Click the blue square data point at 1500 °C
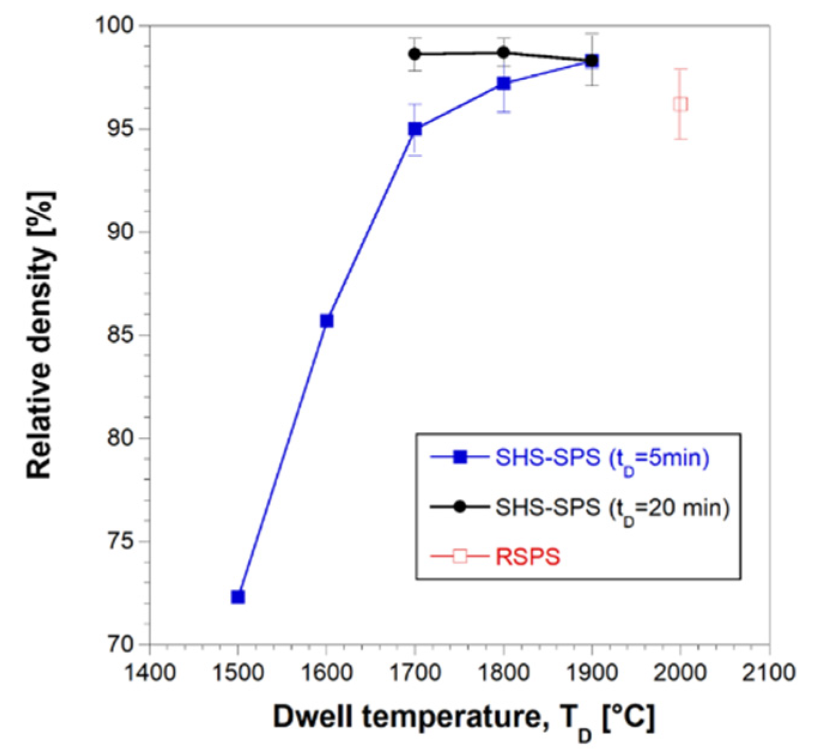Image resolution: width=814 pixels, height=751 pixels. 238,597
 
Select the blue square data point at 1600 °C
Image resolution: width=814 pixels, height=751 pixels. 326,321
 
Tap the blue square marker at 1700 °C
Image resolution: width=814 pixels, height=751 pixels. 415,129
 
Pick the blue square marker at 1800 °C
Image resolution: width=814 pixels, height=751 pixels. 503,83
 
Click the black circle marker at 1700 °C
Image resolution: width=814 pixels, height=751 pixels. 415,54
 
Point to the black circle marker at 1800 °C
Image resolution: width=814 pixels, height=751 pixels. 503,52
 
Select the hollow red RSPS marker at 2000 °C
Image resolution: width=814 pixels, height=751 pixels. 681,104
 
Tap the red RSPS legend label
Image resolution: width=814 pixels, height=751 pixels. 528,557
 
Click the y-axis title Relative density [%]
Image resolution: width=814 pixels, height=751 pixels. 41,335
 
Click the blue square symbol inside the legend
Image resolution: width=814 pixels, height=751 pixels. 460,458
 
